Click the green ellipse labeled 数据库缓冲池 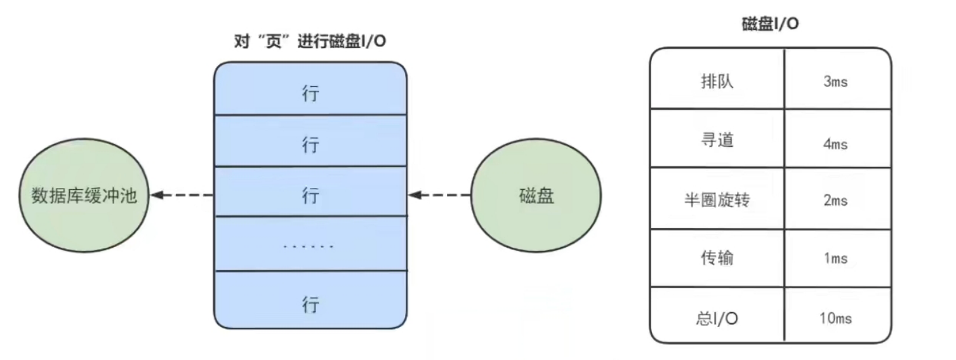pyautogui.click(x=84, y=195)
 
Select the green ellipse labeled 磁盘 pyautogui.click(x=536, y=195)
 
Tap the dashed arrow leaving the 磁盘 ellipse pyautogui.click(x=439, y=195)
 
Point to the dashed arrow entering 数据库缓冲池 pyautogui.click(x=182, y=195)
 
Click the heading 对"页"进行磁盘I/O pyautogui.click(x=310, y=41)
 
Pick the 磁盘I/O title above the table pyautogui.click(x=771, y=23)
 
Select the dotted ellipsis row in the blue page pyautogui.click(x=310, y=244)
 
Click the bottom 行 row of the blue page pyautogui.click(x=310, y=300)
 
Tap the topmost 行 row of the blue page pyautogui.click(x=310, y=89)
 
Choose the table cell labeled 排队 pyautogui.click(x=717, y=79)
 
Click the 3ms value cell pyautogui.click(x=838, y=79)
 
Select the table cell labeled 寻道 pyautogui.click(x=717, y=138)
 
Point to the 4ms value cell pyautogui.click(x=838, y=138)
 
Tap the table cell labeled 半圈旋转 pyautogui.click(x=717, y=199)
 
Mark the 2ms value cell pyautogui.click(x=838, y=199)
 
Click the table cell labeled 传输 pyautogui.click(x=717, y=258)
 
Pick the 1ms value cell pyautogui.click(x=838, y=258)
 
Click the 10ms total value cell pyautogui.click(x=838, y=315)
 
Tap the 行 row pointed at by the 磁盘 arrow pyautogui.click(x=310, y=191)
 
